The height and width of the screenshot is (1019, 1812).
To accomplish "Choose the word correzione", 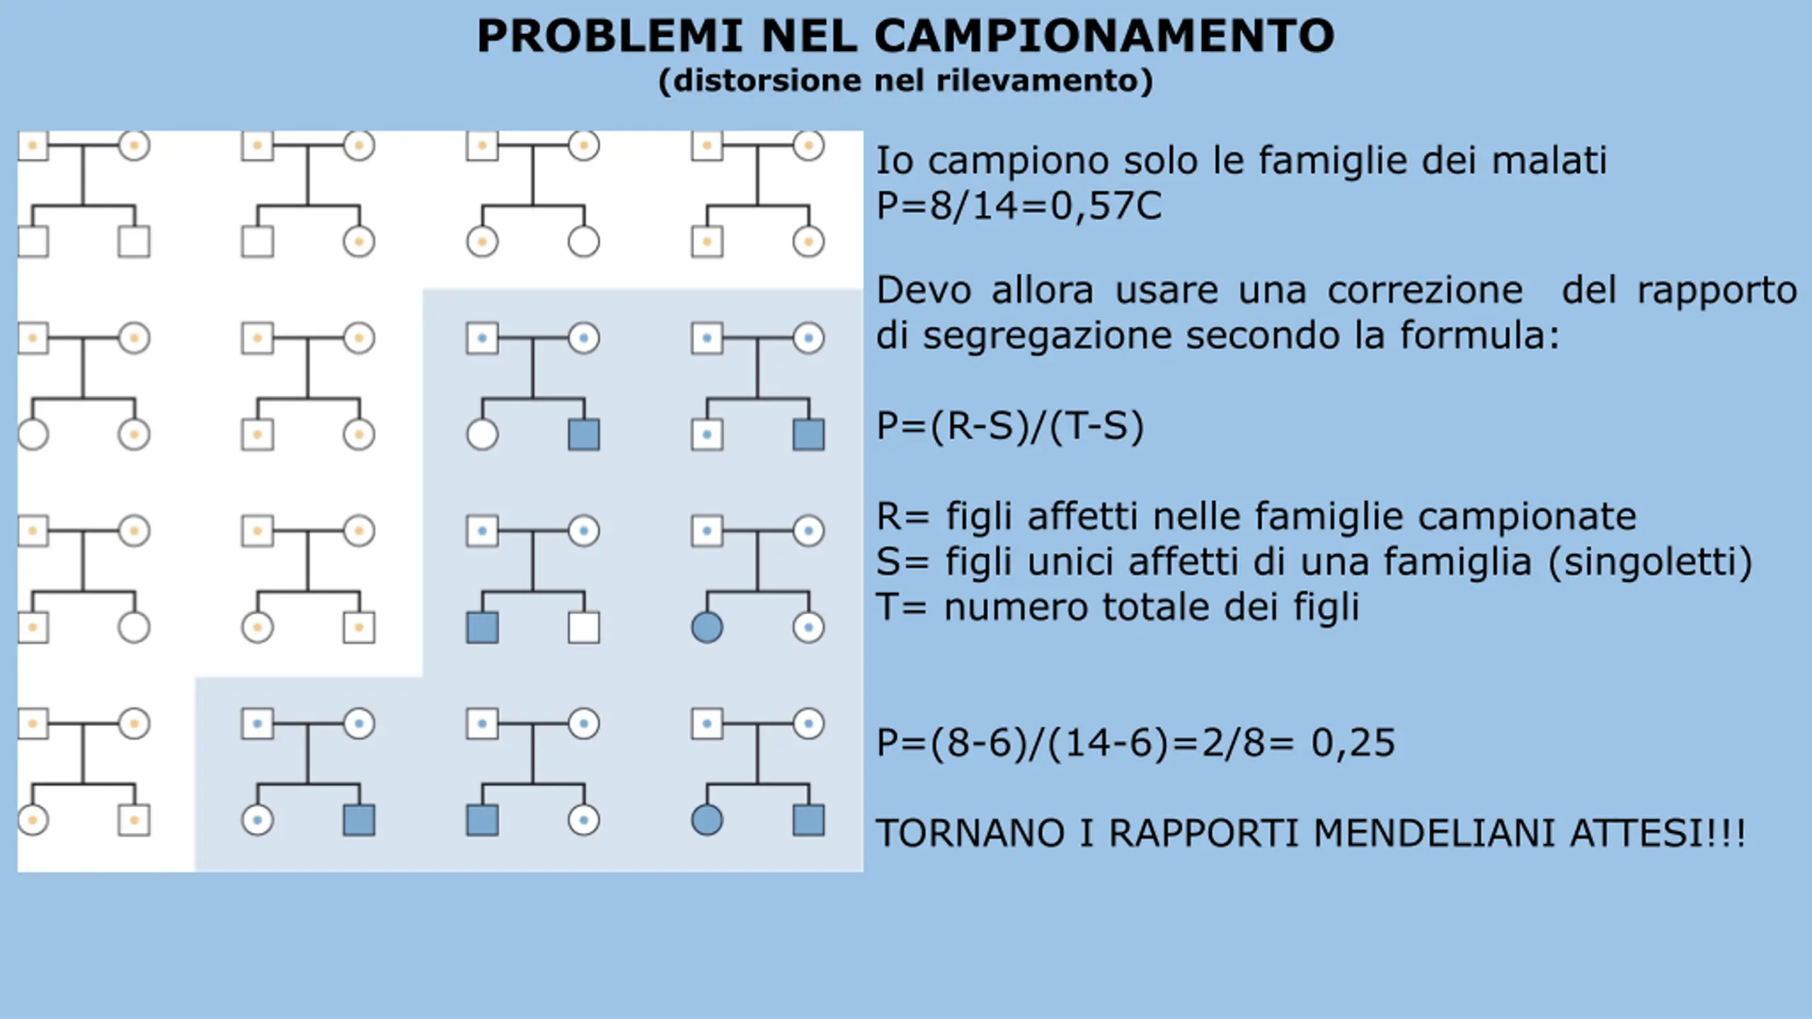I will coord(1425,290).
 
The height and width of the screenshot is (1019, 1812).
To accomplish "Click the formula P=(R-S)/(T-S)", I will coord(1010,426).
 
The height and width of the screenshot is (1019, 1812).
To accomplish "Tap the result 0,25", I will coord(1353,743).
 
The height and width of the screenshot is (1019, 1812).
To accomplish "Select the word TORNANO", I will coord(970,833).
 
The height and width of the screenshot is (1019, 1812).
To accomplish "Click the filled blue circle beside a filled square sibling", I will coord(706,820).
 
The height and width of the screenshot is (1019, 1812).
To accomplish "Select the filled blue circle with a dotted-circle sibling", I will coord(706,628).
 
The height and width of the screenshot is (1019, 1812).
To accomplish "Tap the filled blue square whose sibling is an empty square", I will coord(482,628).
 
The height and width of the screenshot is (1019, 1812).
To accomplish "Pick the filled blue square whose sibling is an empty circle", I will coord(584,434).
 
